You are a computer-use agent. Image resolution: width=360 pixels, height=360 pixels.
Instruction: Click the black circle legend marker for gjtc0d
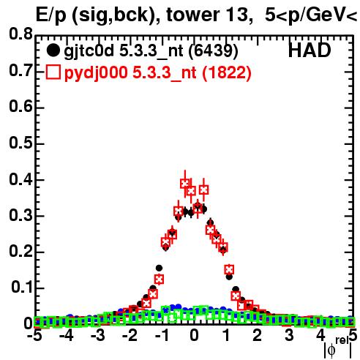(x=53, y=50)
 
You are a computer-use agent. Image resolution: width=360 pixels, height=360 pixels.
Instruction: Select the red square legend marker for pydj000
(x=53, y=72)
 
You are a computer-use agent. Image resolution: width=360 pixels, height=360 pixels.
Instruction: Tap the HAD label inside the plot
(x=310, y=50)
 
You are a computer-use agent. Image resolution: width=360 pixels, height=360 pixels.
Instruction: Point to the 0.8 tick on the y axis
(x=20, y=34)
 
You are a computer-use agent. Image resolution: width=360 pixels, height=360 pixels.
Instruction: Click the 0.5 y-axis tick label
(x=20, y=143)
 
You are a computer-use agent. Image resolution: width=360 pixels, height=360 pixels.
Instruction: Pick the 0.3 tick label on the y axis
(x=20, y=215)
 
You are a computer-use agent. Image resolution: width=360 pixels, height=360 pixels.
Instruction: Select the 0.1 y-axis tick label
(x=22, y=287)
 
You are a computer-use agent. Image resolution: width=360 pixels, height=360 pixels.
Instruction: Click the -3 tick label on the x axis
(x=98, y=335)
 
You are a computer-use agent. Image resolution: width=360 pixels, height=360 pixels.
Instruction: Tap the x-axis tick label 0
(x=194, y=335)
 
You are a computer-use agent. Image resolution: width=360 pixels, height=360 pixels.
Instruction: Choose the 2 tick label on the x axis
(x=258, y=335)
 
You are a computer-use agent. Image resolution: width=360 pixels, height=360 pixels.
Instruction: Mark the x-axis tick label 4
(x=320, y=335)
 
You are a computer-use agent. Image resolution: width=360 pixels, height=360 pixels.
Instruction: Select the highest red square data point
(x=185, y=184)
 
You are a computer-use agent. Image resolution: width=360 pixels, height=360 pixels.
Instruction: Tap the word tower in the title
(x=192, y=15)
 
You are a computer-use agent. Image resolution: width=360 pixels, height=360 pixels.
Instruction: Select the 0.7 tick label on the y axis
(x=20, y=70)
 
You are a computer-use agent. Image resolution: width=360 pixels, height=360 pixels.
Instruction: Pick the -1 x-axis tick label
(x=162, y=335)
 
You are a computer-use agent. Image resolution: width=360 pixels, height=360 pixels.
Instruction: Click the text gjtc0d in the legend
(x=89, y=51)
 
